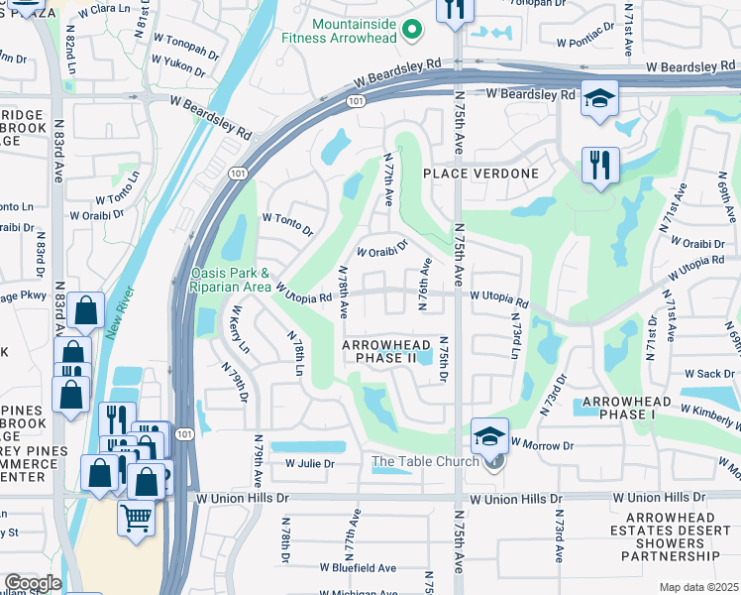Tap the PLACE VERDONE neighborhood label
(x=480, y=174)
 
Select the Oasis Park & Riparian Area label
(x=229, y=280)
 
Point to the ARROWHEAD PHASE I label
(x=626, y=408)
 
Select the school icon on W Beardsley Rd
(x=599, y=99)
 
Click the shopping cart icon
(x=136, y=517)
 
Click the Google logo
(x=33, y=583)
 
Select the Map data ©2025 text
(x=698, y=587)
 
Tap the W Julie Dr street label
(x=310, y=463)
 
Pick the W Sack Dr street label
(x=708, y=374)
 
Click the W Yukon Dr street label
(x=179, y=69)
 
